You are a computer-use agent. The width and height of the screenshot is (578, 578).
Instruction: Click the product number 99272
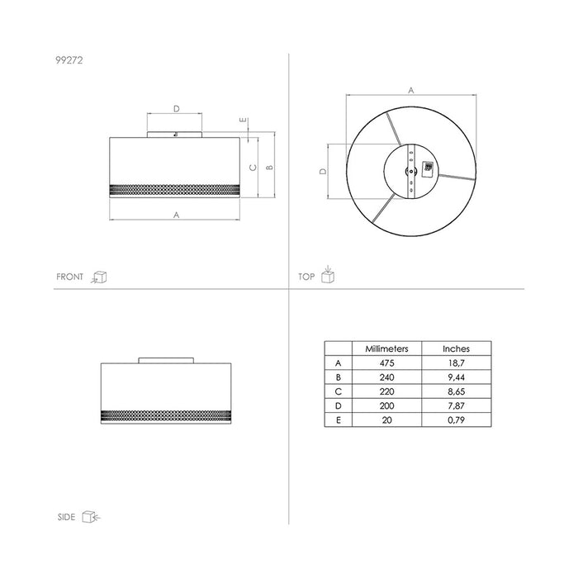point(69,60)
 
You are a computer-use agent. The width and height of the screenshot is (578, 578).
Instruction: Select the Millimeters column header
point(386,348)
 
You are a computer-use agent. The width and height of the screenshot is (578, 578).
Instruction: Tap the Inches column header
point(456,348)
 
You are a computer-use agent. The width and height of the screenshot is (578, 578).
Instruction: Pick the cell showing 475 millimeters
point(386,363)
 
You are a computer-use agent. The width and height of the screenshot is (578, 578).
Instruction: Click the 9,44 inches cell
point(456,377)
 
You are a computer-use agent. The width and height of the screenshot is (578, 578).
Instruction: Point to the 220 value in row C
point(386,391)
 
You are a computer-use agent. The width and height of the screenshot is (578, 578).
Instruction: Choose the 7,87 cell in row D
point(456,406)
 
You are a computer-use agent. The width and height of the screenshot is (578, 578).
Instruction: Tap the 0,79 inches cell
point(456,420)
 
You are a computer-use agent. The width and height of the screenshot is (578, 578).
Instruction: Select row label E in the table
point(339,420)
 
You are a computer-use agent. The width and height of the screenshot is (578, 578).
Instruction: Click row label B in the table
point(339,377)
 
